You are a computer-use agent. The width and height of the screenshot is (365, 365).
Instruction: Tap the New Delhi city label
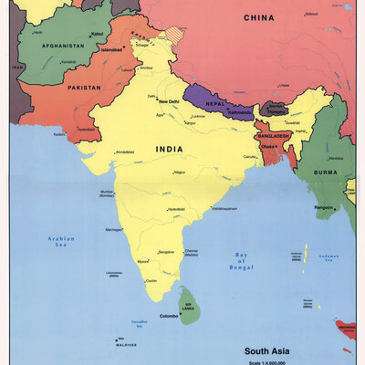171,101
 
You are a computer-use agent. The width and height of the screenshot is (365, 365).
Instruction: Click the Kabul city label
97,35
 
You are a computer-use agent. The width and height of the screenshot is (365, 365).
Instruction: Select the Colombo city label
171,317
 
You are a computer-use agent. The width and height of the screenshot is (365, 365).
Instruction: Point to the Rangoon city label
324,207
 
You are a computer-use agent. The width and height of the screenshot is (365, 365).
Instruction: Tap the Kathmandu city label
239,110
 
